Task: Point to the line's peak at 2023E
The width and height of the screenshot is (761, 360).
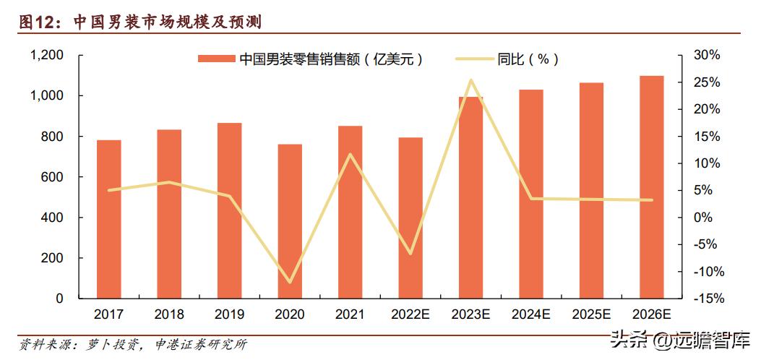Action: [x=470, y=80]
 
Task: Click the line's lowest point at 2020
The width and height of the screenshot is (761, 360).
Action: [x=290, y=282]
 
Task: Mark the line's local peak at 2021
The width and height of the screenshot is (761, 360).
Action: [x=351, y=154]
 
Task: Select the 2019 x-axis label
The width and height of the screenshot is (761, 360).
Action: [x=230, y=314]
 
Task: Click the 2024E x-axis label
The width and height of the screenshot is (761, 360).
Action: [x=531, y=314]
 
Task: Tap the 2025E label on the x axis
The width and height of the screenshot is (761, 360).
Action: [x=591, y=314]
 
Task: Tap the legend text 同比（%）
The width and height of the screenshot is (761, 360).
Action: [x=528, y=59]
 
